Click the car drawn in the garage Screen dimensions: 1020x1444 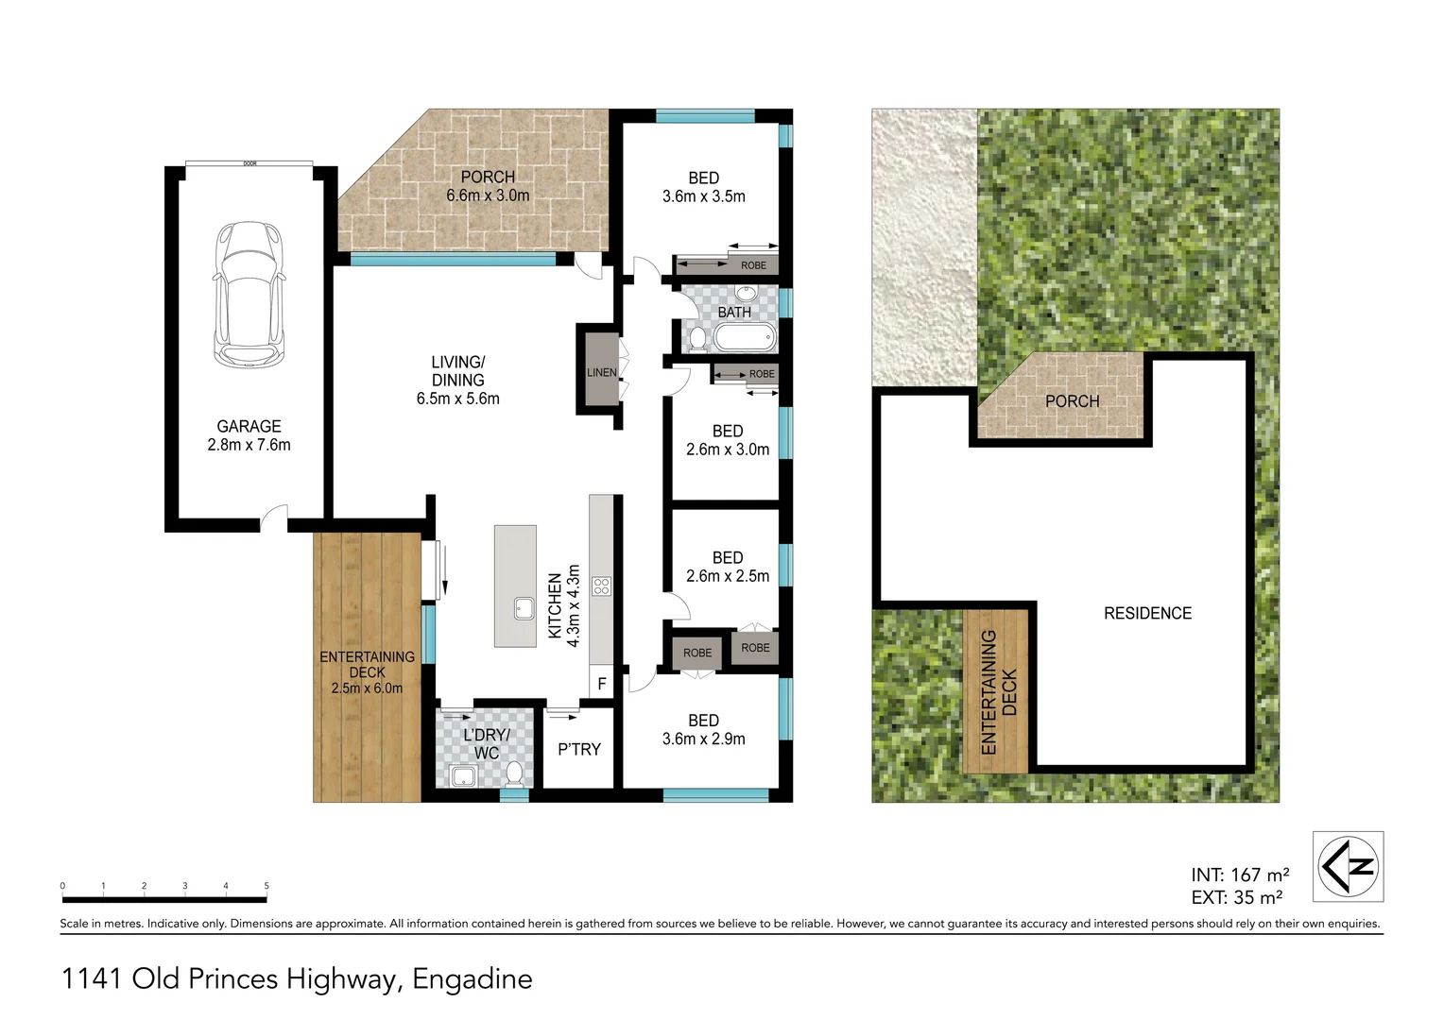pyautogui.click(x=249, y=295)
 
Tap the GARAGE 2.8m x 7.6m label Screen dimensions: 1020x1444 pyautogui.click(x=249, y=435)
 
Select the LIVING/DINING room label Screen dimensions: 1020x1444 pyautogui.click(x=457, y=380)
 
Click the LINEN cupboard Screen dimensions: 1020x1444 pyautogui.click(x=601, y=372)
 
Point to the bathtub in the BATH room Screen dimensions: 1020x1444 pyautogui.click(x=743, y=338)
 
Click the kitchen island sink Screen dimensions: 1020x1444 pyautogui.click(x=524, y=608)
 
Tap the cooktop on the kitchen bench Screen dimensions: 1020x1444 pyautogui.click(x=601, y=586)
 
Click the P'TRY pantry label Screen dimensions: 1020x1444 pyautogui.click(x=578, y=749)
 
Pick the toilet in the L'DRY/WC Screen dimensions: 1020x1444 pyautogui.click(x=514, y=774)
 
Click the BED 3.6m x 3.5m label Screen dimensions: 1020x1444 pyautogui.click(x=703, y=187)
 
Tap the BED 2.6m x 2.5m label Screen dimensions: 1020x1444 pyautogui.click(x=727, y=567)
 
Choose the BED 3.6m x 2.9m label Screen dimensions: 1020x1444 pyautogui.click(x=703, y=729)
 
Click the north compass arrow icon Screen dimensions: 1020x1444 pyautogui.click(x=1349, y=866)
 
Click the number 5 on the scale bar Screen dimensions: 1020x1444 pyautogui.click(x=266, y=886)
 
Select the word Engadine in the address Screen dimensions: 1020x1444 pyautogui.click(x=473, y=978)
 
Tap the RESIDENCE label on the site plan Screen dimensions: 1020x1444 pyautogui.click(x=1147, y=613)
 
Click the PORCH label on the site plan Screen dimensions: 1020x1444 pyautogui.click(x=1072, y=401)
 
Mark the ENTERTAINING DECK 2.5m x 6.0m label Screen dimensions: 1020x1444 pyautogui.click(x=367, y=671)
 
